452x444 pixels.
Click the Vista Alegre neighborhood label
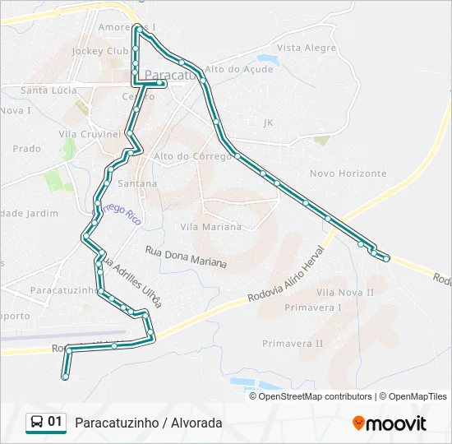pos(307,48)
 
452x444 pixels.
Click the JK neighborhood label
pos(267,123)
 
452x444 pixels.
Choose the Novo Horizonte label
pos(348,173)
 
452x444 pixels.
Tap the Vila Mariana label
pos(210,226)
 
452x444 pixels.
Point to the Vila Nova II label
pos(345,292)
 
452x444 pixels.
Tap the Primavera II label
pos(293,343)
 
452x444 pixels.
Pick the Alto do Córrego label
pos(185,155)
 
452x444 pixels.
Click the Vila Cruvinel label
pos(90,133)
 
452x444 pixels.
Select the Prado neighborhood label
pos(27,149)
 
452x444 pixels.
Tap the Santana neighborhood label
pos(137,183)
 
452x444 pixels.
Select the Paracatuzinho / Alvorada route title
pos(148,423)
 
